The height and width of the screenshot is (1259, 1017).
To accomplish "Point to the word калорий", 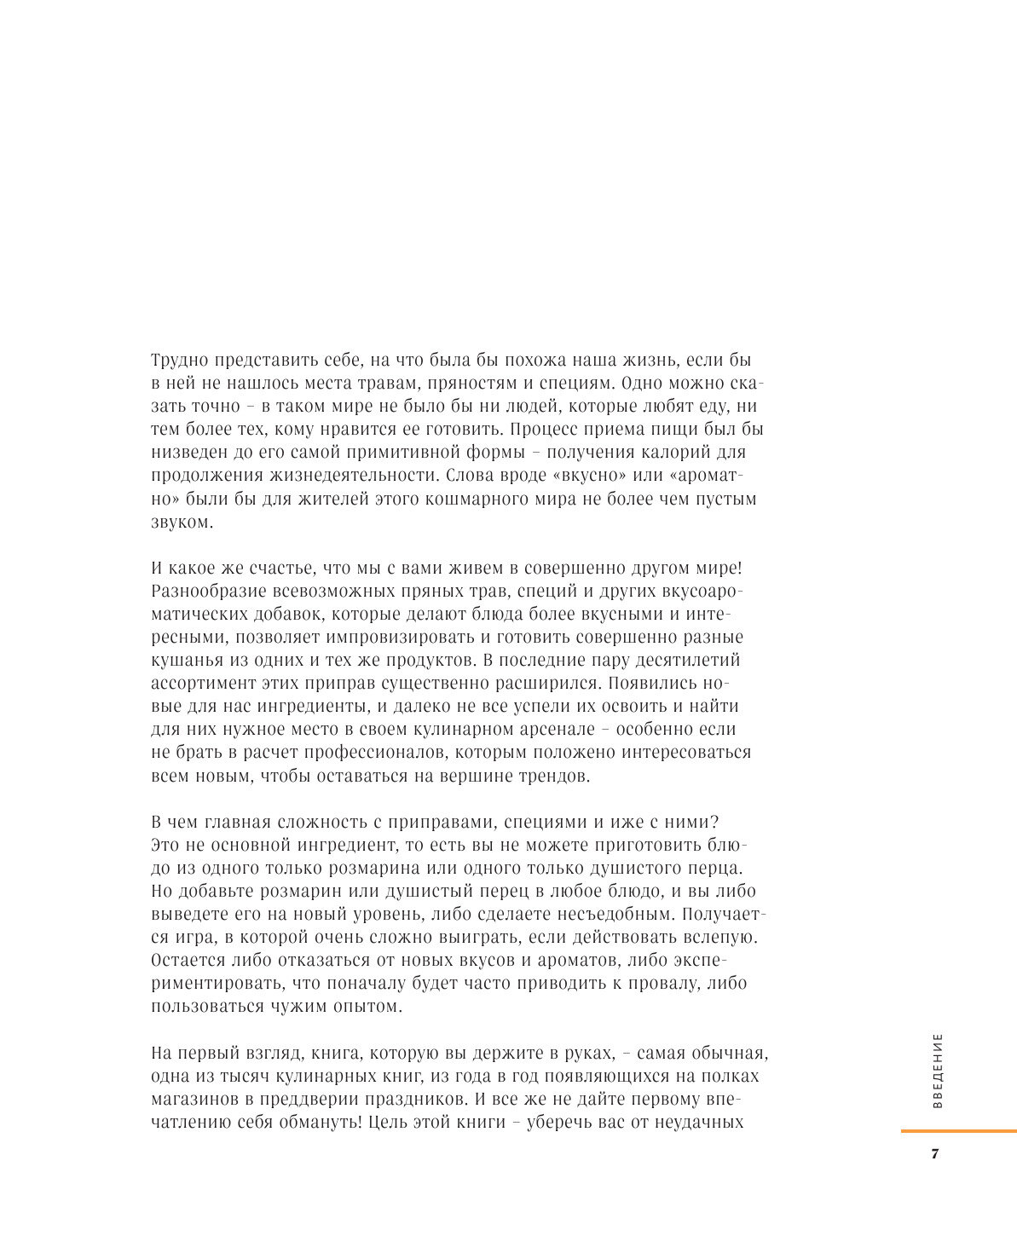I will point(673,453).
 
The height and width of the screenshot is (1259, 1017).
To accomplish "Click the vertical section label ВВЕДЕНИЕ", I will point(938,1071).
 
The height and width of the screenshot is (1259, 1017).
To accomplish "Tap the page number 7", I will point(934,1155).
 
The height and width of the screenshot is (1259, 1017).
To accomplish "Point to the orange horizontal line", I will point(958,1131).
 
